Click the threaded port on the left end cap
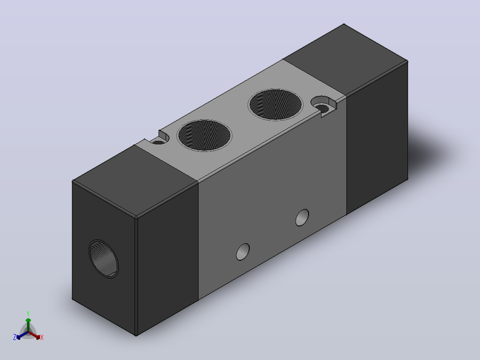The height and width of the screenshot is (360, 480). [103, 259]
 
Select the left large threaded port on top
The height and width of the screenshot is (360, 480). [204, 135]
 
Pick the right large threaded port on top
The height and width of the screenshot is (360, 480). [275, 104]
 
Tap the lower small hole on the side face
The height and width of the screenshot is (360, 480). [243, 252]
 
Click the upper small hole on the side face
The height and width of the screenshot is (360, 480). [302, 217]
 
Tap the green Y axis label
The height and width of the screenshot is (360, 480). [28, 313]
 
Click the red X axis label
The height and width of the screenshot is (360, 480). [42, 337]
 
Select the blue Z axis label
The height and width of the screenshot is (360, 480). [14, 337]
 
